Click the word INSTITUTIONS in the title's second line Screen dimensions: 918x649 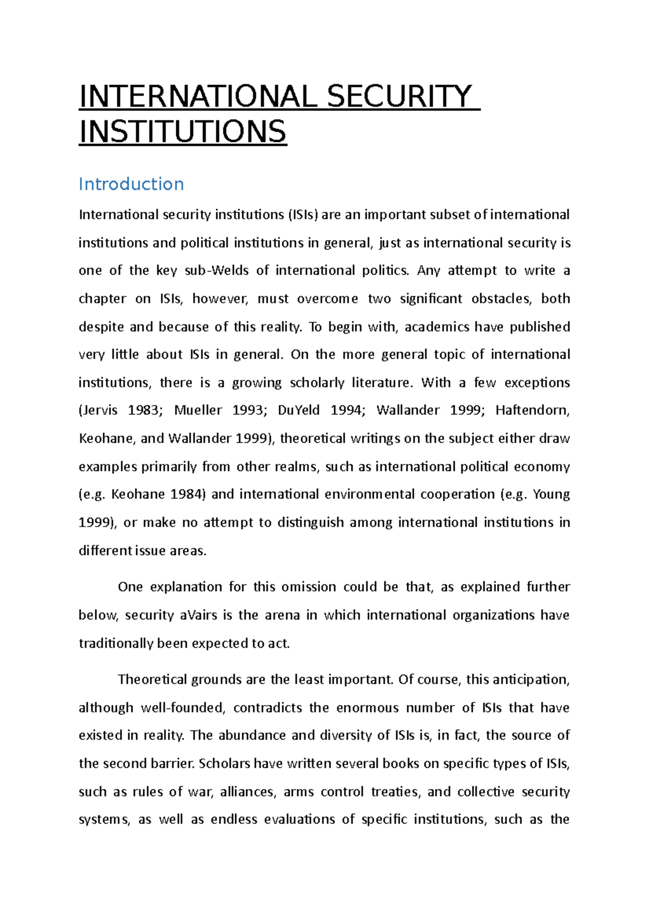point(183,132)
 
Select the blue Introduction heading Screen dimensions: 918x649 point(131,184)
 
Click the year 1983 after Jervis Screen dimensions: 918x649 point(144,410)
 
